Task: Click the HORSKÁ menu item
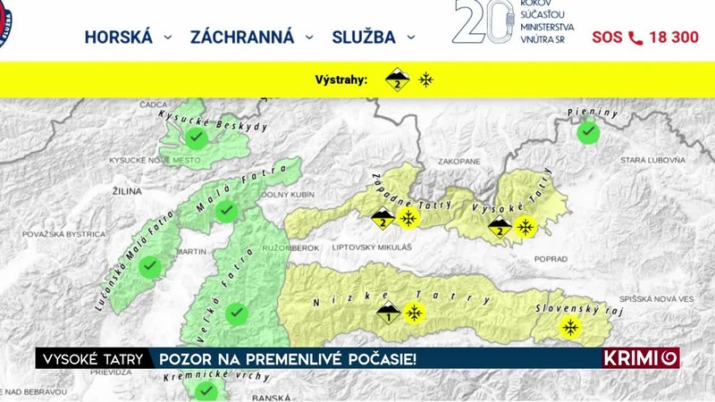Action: pos(118,37)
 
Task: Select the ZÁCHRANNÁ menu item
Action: pos(241,37)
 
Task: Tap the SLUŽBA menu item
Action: pos(364,37)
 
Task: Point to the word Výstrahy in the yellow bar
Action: pos(341,80)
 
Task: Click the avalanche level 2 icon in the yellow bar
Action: pos(398,80)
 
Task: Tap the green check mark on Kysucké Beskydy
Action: pos(197,138)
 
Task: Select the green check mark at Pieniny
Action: pos(587,132)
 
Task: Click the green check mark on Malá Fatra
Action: pos(227,211)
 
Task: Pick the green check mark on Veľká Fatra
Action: pos(235,313)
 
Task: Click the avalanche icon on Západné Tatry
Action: pos(383,218)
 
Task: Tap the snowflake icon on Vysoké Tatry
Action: pos(526,227)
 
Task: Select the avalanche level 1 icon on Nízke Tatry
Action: pos(388,313)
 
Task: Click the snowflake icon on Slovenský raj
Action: pos(568,328)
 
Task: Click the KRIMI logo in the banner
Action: pos(641,358)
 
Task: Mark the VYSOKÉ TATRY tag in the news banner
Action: pos(93,358)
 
